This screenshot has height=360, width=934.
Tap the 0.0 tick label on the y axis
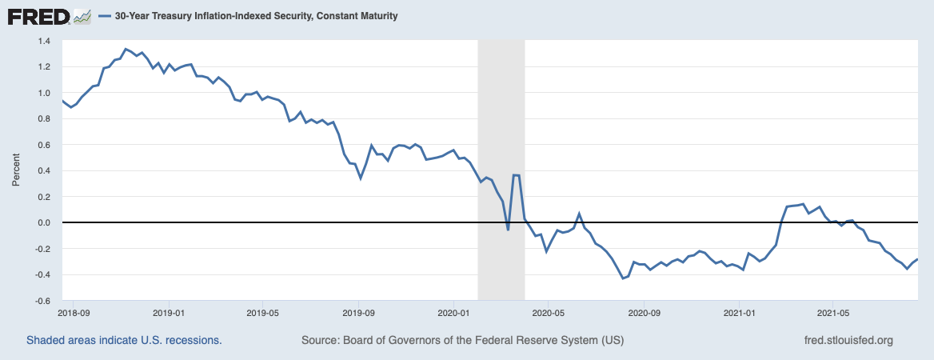click(x=43, y=222)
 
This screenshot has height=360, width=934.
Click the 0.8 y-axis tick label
click(x=43, y=118)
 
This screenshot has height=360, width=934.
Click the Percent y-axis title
click(x=16, y=170)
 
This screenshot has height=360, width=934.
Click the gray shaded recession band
click(x=501, y=120)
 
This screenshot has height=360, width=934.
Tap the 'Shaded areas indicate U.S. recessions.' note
click(x=124, y=340)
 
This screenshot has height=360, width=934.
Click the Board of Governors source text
click(x=462, y=340)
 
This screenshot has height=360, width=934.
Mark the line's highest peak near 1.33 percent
click(x=126, y=49)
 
